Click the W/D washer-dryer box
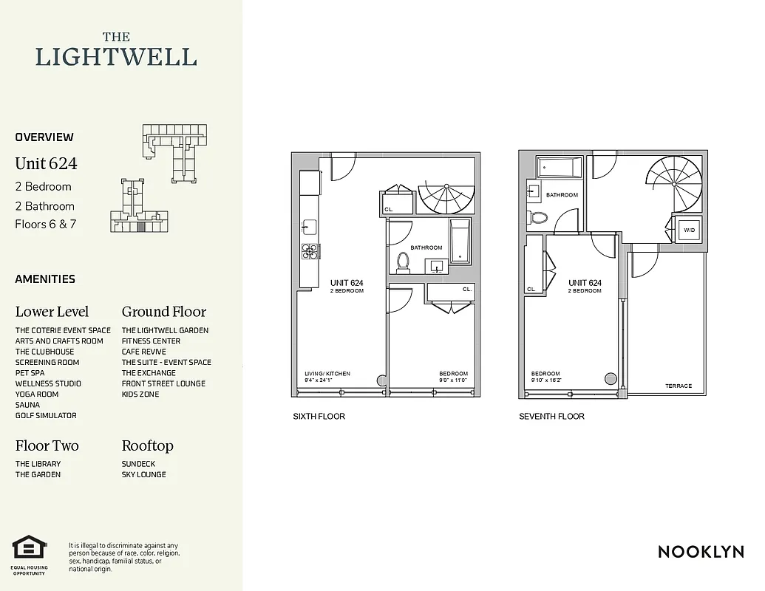689,230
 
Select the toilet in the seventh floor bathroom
538,218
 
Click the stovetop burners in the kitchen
310,251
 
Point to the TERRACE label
679,386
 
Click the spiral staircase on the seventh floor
673,187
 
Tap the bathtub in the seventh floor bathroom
560,168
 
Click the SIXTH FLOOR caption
319,417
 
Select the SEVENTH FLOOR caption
551,417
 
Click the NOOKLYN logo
701,552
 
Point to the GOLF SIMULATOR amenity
46,416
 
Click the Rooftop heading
148,445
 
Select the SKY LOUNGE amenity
144,474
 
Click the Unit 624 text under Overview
46,163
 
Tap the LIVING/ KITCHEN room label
327,374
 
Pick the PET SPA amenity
30,373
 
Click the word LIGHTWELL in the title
116,57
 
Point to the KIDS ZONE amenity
140,394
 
